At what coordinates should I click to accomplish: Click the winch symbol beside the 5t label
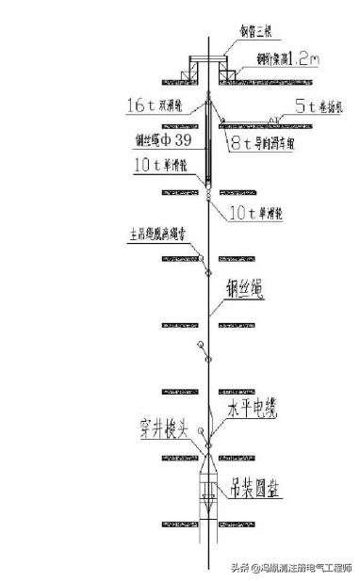coord(275,119)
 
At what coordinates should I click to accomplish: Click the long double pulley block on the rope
coord(207,141)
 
